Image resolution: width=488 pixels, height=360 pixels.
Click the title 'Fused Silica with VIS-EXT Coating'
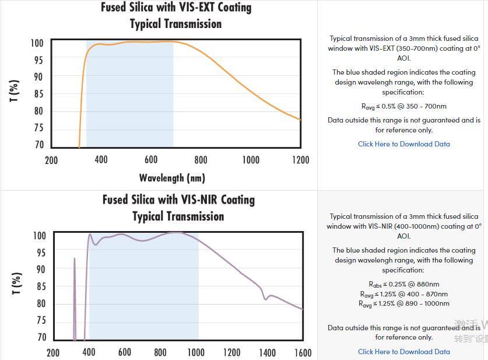(x=176, y=8)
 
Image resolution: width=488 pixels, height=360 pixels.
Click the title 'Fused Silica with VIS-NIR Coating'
(x=178, y=200)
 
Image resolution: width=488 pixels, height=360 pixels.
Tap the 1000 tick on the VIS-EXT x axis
(x=251, y=160)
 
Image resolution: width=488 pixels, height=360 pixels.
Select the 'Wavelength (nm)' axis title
(x=172, y=177)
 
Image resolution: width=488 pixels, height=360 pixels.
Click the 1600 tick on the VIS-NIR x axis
(x=303, y=352)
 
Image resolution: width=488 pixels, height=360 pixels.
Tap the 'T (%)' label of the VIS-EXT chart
(x=16, y=92)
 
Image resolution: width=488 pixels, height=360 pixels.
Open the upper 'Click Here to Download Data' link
(x=403, y=144)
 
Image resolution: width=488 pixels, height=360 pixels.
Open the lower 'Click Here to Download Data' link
(x=403, y=352)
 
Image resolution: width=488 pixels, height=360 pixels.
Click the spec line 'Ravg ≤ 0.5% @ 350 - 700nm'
(x=403, y=106)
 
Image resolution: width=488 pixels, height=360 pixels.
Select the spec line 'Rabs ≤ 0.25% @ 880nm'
(x=403, y=285)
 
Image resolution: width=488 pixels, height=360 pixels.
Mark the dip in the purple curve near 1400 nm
(x=266, y=299)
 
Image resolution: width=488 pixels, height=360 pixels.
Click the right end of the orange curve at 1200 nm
(x=300, y=120)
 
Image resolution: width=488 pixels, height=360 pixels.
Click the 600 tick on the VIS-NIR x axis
(x=125, y=352)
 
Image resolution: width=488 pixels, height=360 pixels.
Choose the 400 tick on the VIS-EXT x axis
(x=101, y=160)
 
